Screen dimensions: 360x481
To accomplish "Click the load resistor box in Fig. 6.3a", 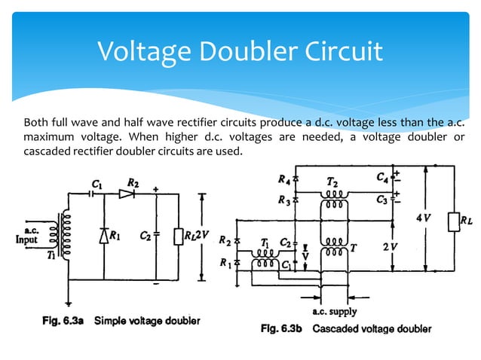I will (179, 235).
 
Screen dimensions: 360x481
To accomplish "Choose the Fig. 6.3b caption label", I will (279, 329).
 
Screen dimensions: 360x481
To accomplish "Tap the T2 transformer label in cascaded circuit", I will (332, 183).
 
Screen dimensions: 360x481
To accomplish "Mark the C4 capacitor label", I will (383, 178).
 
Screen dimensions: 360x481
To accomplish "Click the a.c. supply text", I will (335, 311).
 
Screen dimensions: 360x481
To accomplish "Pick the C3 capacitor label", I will (383, 200).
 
